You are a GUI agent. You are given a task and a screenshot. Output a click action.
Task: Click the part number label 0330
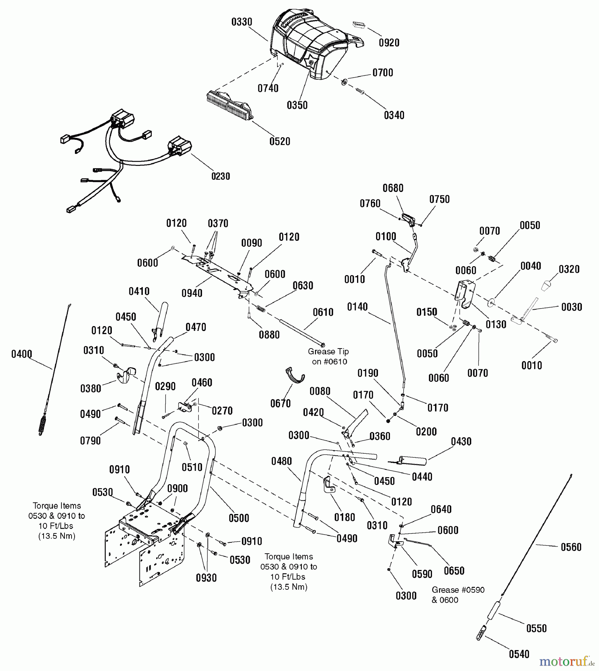click(x=242, y=22)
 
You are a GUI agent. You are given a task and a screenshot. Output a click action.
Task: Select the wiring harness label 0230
click(x=221, y=176)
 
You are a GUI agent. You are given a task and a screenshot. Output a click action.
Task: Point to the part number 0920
click(x=389, y=43)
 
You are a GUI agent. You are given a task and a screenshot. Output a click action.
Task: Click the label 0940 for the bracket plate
click(x=192, y=293)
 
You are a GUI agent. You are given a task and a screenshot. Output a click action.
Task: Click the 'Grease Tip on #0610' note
click(x=328, y=356)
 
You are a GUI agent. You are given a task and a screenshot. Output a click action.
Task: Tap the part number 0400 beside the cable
click(x=22, y=354)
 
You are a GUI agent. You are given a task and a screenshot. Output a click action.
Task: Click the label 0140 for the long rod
click(x=357, y=307)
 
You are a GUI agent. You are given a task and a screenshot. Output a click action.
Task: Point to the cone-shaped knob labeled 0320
click(x=546, y=285)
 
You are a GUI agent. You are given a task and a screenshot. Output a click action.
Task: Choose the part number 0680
click(x=393, y=188)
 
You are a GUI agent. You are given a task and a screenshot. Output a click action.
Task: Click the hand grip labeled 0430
click(x=412, y=461)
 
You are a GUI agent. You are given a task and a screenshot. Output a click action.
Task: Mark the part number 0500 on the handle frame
click(x=239, y=518)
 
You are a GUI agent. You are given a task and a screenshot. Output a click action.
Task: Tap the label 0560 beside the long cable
click(x=571, y=547)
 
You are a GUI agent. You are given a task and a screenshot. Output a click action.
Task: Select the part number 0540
click(x=519, y=654)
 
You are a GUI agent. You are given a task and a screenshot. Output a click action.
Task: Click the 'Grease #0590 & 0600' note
click(x=458, y=595)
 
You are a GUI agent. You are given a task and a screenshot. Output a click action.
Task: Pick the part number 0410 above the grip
click(x=139, y=292)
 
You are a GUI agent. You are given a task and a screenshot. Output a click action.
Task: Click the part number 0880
click(x=269, y=335)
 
